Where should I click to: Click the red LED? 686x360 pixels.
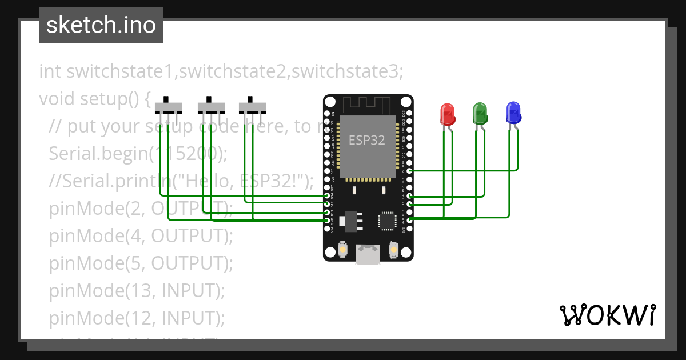click(447, 114)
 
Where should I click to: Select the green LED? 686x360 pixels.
click(480, 113)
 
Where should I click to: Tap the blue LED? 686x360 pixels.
click(513, 113)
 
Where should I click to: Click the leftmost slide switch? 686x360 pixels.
click(169, 107)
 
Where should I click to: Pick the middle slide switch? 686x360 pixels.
click(211, 107)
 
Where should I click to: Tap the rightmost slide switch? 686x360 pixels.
click(252, 107)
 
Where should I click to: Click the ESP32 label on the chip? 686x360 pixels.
click(367, 140)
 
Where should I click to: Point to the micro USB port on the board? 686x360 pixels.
click(367, 254)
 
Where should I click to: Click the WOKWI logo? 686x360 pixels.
click(607, 315)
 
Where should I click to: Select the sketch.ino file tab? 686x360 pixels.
click(101, 25)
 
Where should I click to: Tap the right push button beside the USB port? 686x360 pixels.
click(393, 250)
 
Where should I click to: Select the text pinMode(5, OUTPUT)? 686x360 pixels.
click(141, 263)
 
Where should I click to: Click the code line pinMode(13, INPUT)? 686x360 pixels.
click(137, 291)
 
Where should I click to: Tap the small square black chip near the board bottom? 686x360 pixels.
click(387, 221)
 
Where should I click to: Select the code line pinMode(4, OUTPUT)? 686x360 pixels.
click(141, 236)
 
